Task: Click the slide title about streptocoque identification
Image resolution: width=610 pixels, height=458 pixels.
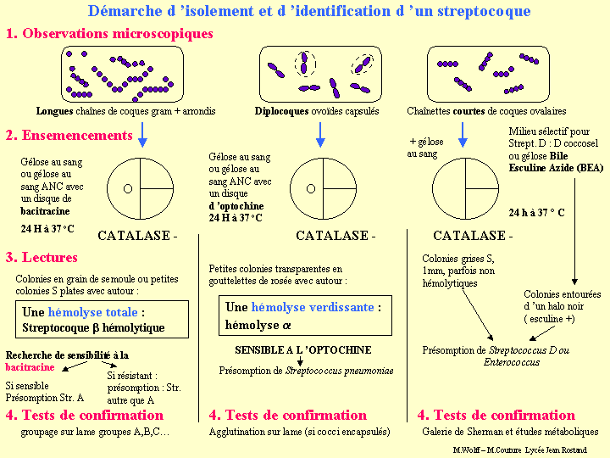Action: point(309,11)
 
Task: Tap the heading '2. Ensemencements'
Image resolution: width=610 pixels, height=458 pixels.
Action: point(69,136)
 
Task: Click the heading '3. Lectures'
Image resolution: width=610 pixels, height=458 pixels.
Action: point(42,257)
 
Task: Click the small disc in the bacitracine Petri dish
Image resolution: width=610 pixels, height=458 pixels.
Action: point(128,188)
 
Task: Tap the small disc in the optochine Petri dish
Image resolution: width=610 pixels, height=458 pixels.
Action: point(310,188)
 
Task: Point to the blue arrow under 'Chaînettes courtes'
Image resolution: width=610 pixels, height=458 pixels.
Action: point(463,134)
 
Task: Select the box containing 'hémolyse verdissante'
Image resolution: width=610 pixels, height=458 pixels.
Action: point(305,316)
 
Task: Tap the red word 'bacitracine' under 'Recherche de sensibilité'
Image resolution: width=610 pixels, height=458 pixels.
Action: point(30,368)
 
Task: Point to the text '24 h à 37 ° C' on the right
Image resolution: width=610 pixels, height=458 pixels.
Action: point(536,212)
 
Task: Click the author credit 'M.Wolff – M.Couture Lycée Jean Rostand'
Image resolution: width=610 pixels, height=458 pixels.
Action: point(530,450)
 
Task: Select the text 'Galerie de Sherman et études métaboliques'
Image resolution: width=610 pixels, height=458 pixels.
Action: point(510,432)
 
